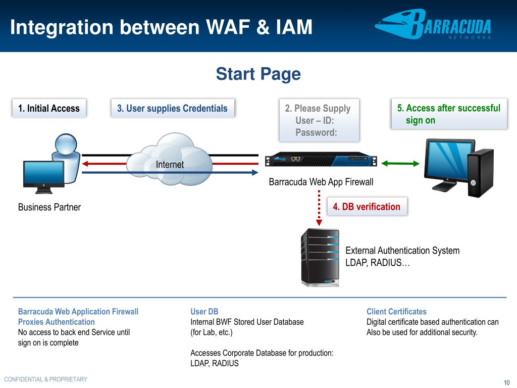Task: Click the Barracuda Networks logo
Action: [433, 25]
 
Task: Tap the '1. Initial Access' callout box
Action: [49, 108]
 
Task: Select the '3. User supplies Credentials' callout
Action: [173, 108]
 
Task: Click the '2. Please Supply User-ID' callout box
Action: [319, 120]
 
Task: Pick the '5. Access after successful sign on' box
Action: [449, 114]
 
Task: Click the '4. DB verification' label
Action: [367, 207]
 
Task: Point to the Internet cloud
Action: [170, 159]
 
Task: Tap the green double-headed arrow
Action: [400, 163]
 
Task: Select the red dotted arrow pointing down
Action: [319, 208]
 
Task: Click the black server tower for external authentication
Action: [320, 257]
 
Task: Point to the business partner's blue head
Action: [66, 144]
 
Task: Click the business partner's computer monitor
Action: [44, 177]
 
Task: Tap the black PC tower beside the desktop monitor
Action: [481, 173]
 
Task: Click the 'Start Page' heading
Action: [258, 74]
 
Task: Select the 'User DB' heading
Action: [204, 311]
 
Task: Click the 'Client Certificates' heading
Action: [396, 311]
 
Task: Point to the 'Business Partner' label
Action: [49, 207]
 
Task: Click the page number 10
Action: [506, 382]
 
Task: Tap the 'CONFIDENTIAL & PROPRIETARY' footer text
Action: [45, 379]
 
